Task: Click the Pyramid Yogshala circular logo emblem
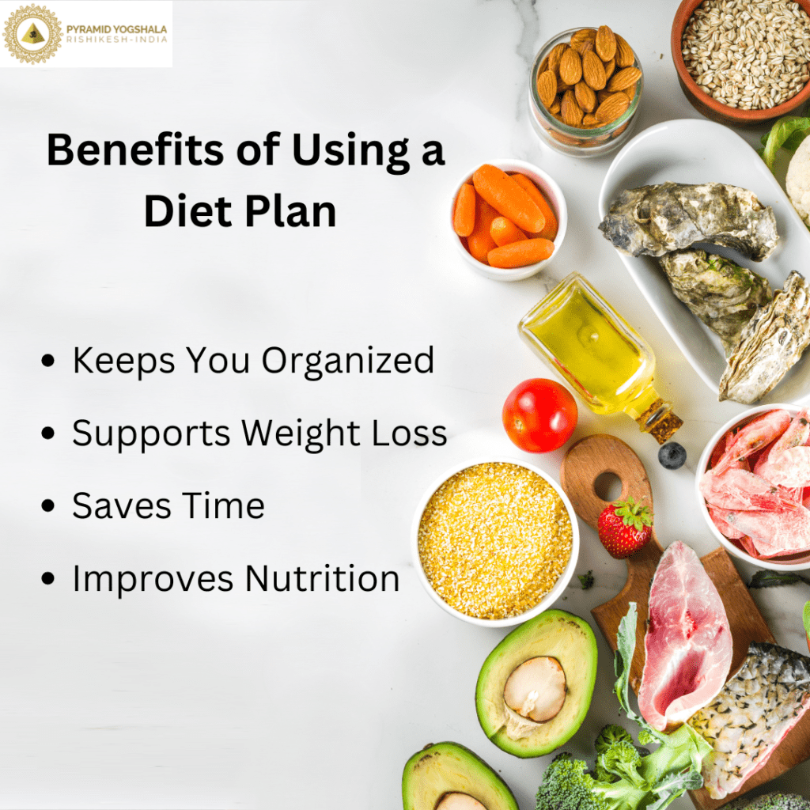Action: pyautogui.click(x=32, y=33)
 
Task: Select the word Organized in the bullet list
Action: pyautogui.click(x=348, y=361)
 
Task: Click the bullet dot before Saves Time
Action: pyautogui.click(x=50, y=507)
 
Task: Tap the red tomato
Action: pyautogui.click(x=539, y=415)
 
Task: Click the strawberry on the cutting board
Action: pyautogui.click(x=625, y=528)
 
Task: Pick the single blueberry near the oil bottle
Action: pyautogui.click(x=672, y=456)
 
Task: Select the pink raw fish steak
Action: pyautogui.click(x=682, y=632)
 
